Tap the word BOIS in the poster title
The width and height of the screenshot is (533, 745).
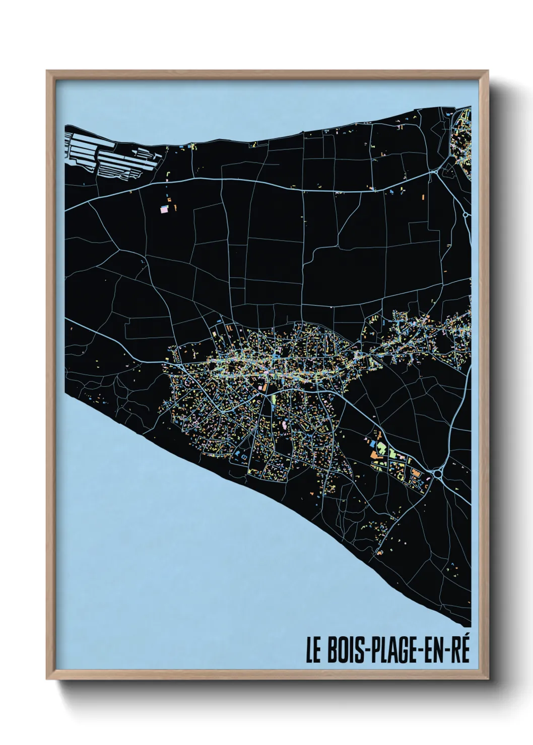click(346, 651)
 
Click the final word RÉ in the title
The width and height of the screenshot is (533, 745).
click(461, 651)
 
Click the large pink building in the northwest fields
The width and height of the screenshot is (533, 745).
click(164, 209)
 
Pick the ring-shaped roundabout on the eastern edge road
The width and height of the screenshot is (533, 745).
click(465, 215)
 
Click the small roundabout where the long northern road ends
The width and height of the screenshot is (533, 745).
click(434, 172)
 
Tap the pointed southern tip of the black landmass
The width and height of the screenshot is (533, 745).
click(469, 624)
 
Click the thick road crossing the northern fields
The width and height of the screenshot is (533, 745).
click(252, 180)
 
